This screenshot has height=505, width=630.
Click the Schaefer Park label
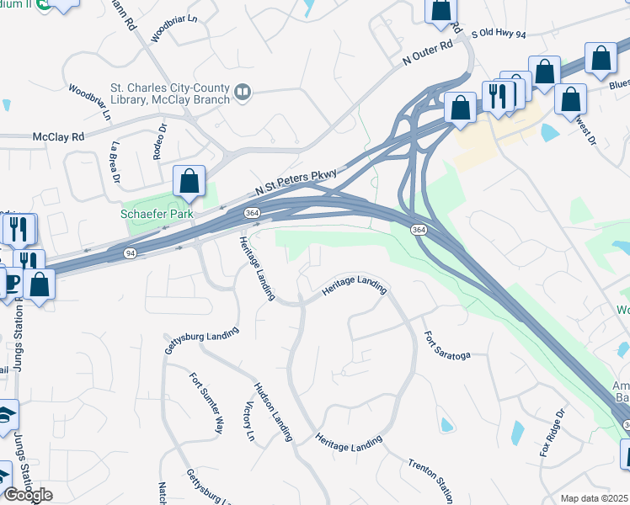tap(157, 215)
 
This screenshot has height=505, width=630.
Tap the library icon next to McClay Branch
tap(243, 91)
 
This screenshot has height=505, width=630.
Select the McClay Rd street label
tap(59, 136)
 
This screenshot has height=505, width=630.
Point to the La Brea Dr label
tap(115, 162)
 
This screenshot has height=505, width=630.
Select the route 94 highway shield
tap(130, 252)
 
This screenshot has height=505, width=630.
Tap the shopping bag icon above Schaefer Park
tap(190, 182)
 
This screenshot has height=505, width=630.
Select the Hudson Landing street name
tap(274, 412)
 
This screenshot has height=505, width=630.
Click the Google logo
tap(29, 495)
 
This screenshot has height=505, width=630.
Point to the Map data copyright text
tap(595, 498)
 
